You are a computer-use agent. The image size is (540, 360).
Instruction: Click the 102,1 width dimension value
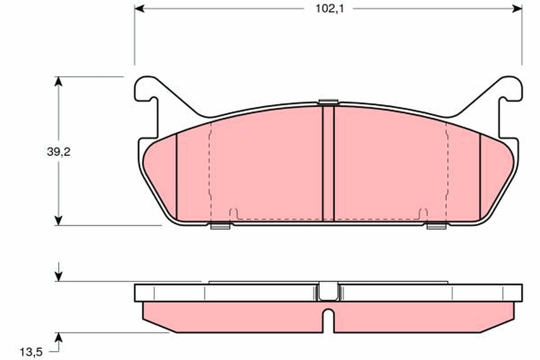coord(328,9)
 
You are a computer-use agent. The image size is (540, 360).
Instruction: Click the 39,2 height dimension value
coord(59,152)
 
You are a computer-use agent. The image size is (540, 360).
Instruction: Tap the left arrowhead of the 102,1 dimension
coord(139,9)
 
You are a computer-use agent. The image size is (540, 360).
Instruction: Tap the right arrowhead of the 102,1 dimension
coord(517,9)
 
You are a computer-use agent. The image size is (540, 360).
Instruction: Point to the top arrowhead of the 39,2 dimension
coord(58,81)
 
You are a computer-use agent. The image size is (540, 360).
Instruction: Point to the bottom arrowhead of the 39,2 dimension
coord(58,220)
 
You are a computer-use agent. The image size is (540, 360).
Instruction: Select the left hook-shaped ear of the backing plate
coord(147,90)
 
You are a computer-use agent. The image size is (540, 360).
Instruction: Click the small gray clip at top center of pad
coord(328,102)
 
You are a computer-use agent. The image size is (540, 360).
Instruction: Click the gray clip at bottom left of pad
coord(220,226)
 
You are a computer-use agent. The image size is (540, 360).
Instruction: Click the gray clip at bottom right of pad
coord(436,226)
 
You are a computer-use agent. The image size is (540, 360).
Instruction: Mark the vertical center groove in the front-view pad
coord(328,164)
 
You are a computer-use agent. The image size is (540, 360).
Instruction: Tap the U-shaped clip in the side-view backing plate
coord(328,292)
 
